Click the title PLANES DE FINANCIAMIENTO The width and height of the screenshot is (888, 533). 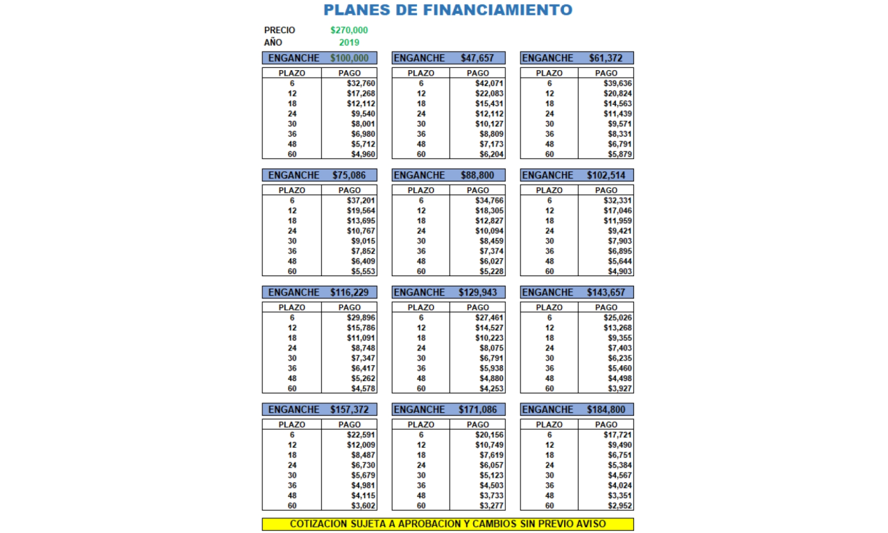tap(448, 10)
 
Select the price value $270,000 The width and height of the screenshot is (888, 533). tap(349, 31)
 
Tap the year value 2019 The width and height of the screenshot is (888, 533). tap(349, 42)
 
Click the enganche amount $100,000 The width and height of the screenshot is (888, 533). tap(349, 58)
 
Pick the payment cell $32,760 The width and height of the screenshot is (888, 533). tap(361, 83)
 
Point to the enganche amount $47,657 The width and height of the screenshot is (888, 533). tap(477, 58)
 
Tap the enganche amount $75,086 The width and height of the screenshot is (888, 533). tap(349, 176)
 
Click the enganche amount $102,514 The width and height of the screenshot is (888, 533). tap(606, 176)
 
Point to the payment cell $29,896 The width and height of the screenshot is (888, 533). tap(361, 318)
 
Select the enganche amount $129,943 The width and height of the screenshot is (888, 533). tap(477, 293)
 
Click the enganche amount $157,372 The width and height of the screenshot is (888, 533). tap(349, 410)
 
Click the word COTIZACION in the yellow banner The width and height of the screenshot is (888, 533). tap(320, 524)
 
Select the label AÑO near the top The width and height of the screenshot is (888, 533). tap(273, 42)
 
